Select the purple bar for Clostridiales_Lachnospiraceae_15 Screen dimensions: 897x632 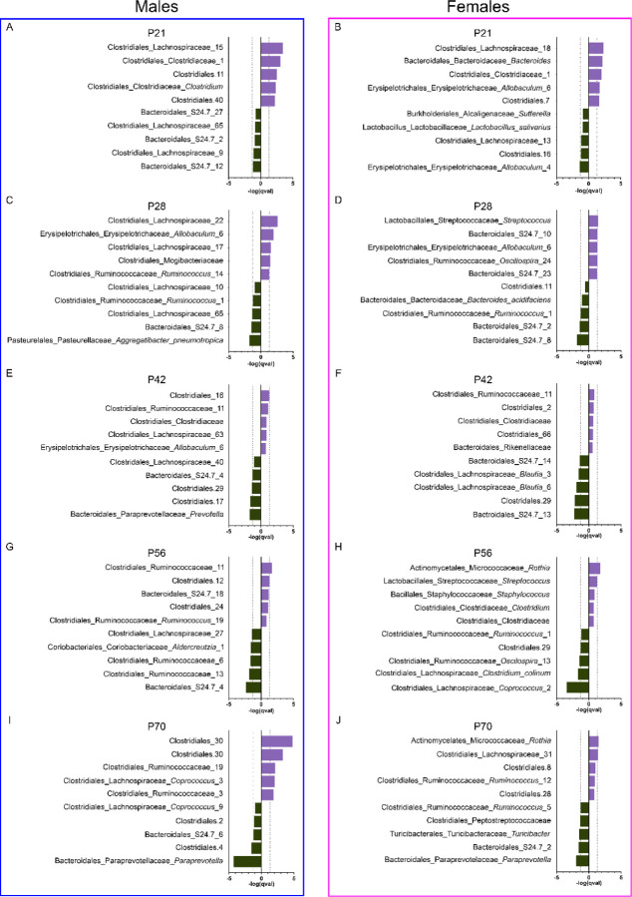[x=271, y=48]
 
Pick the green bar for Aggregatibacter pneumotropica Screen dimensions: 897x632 [x=255, y=340]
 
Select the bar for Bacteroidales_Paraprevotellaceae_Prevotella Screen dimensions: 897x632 [x=255, y=514]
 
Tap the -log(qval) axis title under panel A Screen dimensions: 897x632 [x=261, y=189]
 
